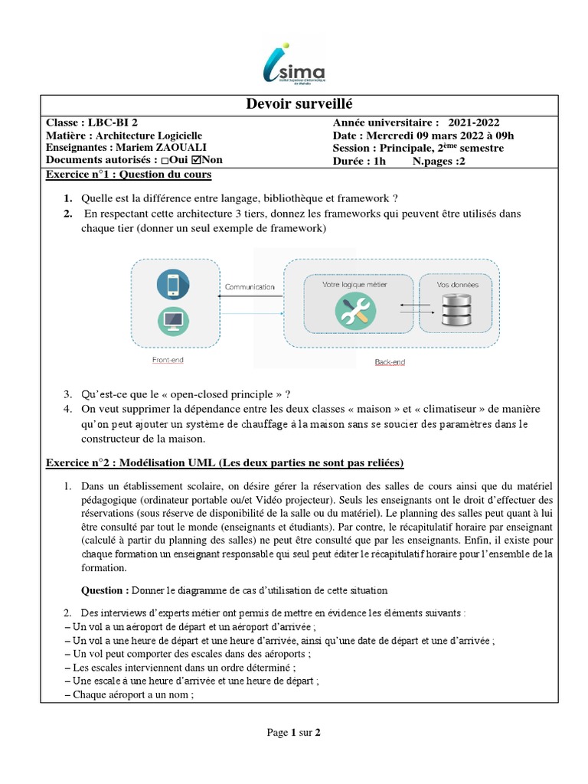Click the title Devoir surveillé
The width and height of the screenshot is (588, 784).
tap(293, 104)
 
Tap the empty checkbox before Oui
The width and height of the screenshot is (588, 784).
tap(157, 161)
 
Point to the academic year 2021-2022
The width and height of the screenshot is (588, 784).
tap(474, 122)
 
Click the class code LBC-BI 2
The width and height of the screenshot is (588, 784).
tap(113, 122)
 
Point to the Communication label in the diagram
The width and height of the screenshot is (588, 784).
tap(249, 287)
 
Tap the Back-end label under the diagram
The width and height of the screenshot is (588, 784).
tap(390, 362)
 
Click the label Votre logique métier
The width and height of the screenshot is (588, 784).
tap(354, 284)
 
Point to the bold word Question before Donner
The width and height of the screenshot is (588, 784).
tap(105, 590)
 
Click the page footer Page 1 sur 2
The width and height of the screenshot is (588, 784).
tap(293, 732)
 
